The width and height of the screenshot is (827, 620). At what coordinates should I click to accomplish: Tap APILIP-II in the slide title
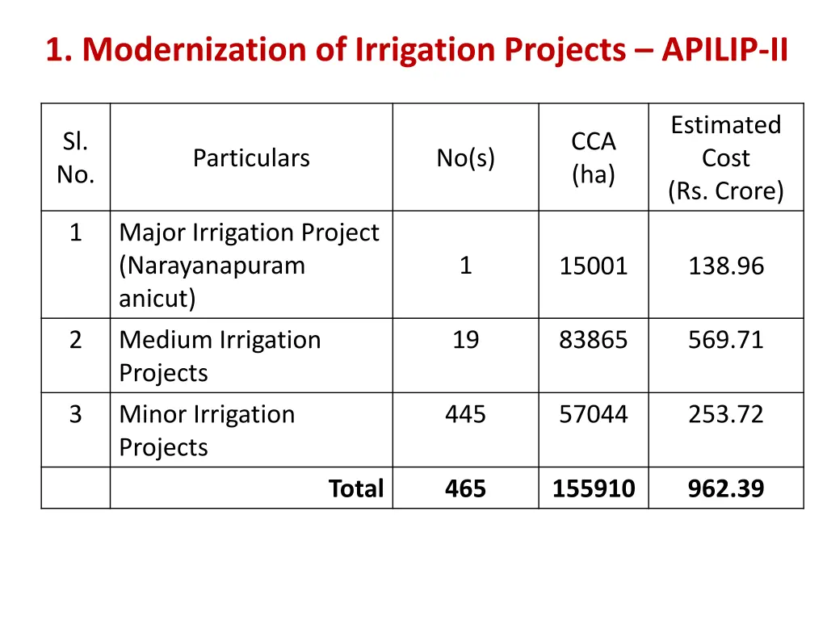point(724,50)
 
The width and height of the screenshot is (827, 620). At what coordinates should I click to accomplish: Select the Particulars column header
point(251,158)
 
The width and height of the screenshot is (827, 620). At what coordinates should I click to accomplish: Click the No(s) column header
point(465,158)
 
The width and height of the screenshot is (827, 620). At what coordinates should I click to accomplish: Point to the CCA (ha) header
point(594,158)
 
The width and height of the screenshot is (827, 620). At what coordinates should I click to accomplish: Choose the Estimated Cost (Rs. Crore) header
point(726,158)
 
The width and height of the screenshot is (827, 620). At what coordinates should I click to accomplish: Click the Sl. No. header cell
point(75,158)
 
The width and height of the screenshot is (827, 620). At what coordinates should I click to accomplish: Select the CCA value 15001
point(594,266)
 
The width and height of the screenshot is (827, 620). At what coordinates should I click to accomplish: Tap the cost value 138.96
point(726,266)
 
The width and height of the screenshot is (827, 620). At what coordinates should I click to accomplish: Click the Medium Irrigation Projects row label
point(220,356)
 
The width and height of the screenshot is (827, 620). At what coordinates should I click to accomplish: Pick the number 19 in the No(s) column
point(465,340)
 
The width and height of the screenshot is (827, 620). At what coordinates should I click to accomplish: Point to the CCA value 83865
point(594,340)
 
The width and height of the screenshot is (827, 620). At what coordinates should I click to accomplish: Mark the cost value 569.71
point(726,340)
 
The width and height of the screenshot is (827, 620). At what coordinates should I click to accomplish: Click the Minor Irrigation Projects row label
point(207,430)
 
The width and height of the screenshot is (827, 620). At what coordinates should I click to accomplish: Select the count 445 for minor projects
point(465,414)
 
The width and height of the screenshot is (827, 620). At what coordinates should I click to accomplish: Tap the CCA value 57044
point(594,414)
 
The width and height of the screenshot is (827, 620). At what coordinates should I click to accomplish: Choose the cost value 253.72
point(726,414)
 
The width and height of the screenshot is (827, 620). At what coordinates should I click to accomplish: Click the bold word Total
point(356,488)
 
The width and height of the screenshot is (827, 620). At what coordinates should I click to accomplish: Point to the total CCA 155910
point(594,488)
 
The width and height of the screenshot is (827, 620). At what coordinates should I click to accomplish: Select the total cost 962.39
point(726,488)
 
